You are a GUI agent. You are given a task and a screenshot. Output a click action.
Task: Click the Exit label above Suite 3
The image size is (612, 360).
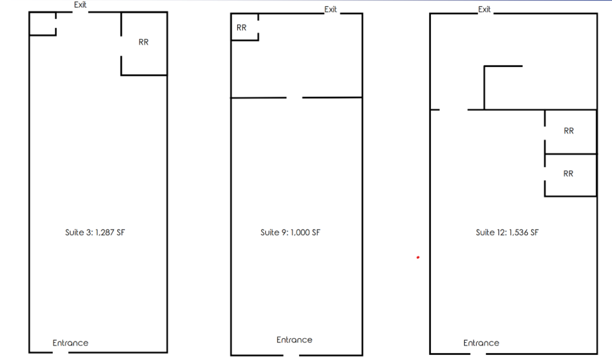[x=80, y=4]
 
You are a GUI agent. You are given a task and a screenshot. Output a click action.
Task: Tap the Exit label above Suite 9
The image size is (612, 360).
[x=331, y=10]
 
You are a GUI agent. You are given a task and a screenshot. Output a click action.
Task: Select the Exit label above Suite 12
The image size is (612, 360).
[x=484, y=10]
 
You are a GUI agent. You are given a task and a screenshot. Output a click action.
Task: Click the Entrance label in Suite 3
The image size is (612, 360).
[x=71, y=343]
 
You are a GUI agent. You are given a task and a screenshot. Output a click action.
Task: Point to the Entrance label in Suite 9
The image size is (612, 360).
[x=295, y=340]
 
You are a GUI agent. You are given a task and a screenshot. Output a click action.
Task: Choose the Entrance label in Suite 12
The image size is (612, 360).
[x=481, y=343]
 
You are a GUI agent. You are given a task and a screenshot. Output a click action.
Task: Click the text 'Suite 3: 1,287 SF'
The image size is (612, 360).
[x=95, y=233]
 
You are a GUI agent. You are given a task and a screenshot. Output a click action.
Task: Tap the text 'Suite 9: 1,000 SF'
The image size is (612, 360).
[x=291, y=233]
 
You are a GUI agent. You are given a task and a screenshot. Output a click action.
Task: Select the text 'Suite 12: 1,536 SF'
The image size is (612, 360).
[x=507, y=233]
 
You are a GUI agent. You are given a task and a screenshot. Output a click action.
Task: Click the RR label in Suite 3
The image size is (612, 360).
[x=143, y=42]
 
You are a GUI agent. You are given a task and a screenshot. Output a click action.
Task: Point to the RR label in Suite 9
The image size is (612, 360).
[x=242, y=27]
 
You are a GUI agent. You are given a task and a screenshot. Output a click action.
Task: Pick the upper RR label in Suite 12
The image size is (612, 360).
[x=569, y=131]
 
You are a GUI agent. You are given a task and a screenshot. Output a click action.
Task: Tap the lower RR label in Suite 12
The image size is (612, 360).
[x=568, y=174]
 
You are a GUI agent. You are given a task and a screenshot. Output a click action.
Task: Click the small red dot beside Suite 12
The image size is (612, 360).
[x=418, y=257]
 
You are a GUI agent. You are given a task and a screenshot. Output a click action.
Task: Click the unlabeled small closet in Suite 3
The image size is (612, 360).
[x=43, y=24]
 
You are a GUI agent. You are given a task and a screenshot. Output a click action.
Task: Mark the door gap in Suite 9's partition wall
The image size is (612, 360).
[x=295, y=97]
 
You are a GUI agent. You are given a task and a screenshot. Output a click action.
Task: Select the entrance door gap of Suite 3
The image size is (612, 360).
[x=61, y=352]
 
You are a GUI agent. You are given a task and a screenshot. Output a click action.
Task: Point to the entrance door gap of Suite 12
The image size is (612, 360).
[x=478, y=354]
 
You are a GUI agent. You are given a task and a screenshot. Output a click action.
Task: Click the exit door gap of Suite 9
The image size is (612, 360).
[x=332, y=13]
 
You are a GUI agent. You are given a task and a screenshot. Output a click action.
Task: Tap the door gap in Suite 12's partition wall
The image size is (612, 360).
[x=453, y=110]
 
